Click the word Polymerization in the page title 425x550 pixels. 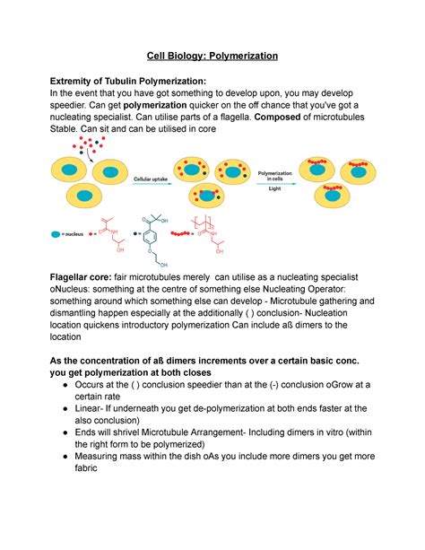click(x=237, y=56)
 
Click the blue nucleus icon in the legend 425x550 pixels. click(x=58, y=233)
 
